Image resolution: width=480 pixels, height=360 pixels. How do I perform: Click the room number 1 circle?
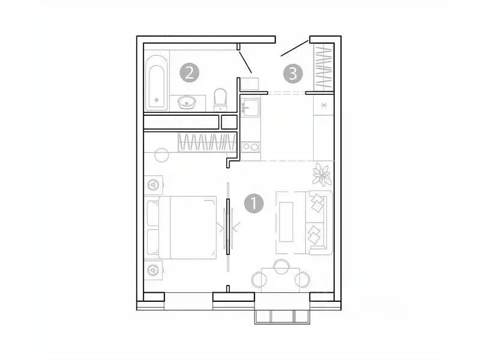click(254, 203)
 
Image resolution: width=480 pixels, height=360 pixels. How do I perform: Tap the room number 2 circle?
click(189, 73)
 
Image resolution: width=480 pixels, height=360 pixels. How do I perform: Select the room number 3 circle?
click(292, 73)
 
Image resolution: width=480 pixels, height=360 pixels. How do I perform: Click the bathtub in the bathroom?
click(157, 83)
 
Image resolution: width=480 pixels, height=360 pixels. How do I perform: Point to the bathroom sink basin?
click(188, 103)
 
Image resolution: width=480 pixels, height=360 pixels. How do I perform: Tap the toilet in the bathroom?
click(220, 99)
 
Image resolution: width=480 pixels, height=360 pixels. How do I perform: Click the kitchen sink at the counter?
click(250, 109)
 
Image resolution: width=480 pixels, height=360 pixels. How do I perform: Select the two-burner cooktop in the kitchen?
click(250, 146)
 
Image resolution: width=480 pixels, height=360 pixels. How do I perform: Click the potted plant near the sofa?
click(322, 175)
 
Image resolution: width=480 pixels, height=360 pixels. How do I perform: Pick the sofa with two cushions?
click(317, 221)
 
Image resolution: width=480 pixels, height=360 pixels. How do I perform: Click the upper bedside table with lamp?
click(154, 184)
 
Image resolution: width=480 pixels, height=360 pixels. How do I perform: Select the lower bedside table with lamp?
click(154, 271)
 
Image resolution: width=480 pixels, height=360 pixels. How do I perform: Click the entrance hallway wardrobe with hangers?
click(323, 68)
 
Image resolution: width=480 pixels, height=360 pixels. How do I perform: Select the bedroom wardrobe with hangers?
click(204, 142)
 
